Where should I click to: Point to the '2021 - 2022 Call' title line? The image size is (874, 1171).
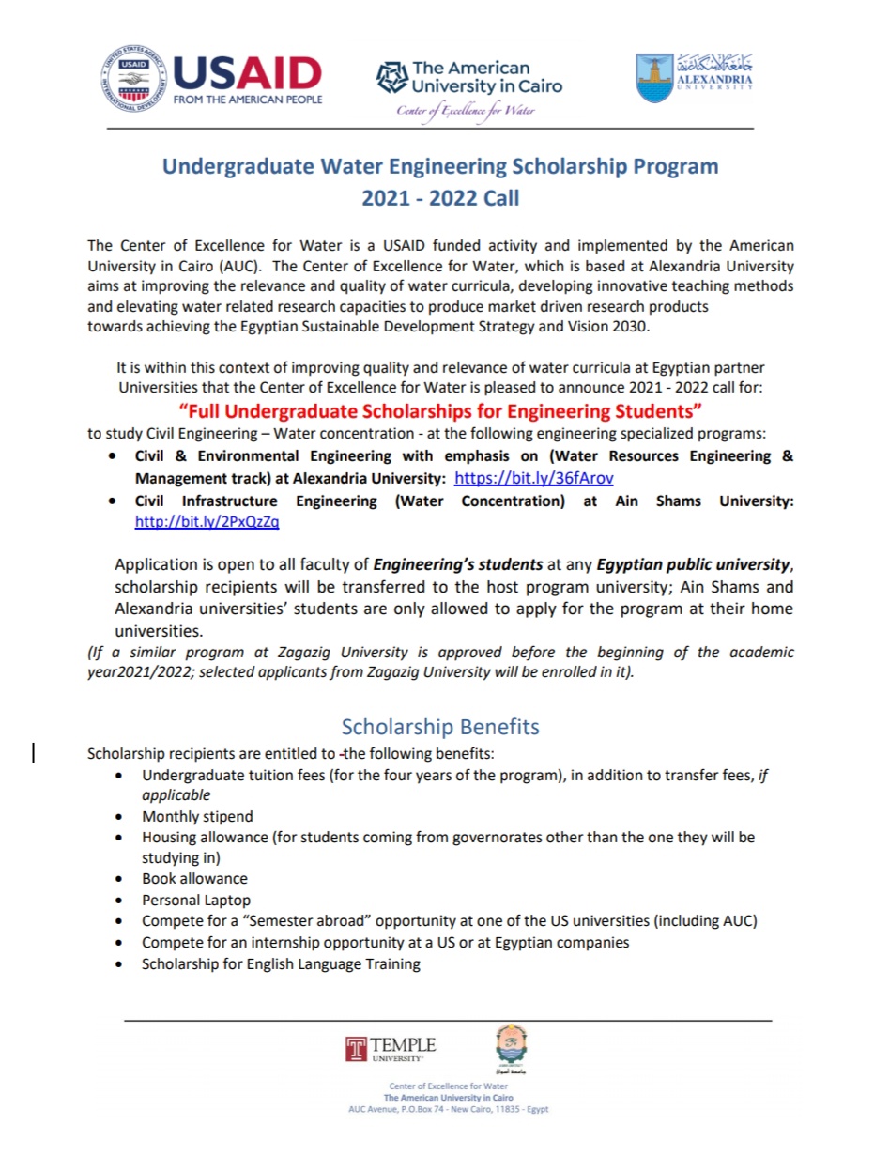pyautogui.click(x=440, y=198)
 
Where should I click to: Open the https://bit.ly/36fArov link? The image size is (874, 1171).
pyautogui.click(x=533, y=478)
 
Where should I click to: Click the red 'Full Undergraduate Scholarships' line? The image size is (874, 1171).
pyautogui.click(x=440, y=411)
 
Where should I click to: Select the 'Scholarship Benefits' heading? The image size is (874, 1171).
pyautogui.click(x=440, y=727)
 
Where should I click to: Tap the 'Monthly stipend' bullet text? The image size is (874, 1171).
pyautogui.click(x=197, y=816)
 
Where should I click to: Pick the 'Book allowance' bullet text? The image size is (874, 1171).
pyautogui.click(x=194, y=878)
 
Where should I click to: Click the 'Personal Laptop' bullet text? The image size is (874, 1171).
pyautogui.click(x=196, y=900)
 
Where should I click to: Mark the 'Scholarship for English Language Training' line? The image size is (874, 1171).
pyautogui.click(x=281, y=963)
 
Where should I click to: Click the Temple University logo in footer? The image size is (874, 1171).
pyautogui.click(x=391, y=1048)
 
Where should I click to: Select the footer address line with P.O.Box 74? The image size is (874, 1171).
pyautogui.click(x=448, y=1109)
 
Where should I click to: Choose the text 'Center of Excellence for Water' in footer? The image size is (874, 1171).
pyautogui.click(x=448, y=1086)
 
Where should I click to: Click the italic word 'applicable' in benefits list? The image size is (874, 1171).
pyautogui.click(x=176, y=794)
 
